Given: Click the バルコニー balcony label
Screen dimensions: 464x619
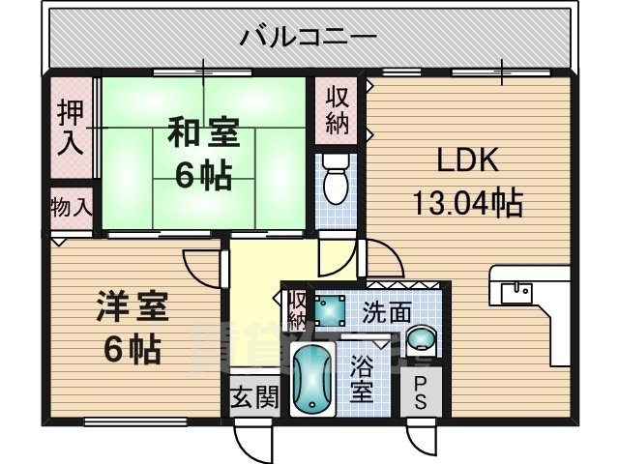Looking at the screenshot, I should [x=308, y=39].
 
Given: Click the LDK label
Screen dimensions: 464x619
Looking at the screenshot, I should [x=468, y=160].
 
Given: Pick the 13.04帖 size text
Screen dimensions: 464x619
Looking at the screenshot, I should [x=467, y=202].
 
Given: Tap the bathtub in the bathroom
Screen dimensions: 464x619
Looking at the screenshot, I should [x=311, y=382].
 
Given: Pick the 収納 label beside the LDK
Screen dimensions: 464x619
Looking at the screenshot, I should [x=337, y=110].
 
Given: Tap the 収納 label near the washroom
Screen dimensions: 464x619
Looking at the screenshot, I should [x=297, y=309].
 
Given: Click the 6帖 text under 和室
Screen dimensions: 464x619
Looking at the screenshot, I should [x=202, y=176].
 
